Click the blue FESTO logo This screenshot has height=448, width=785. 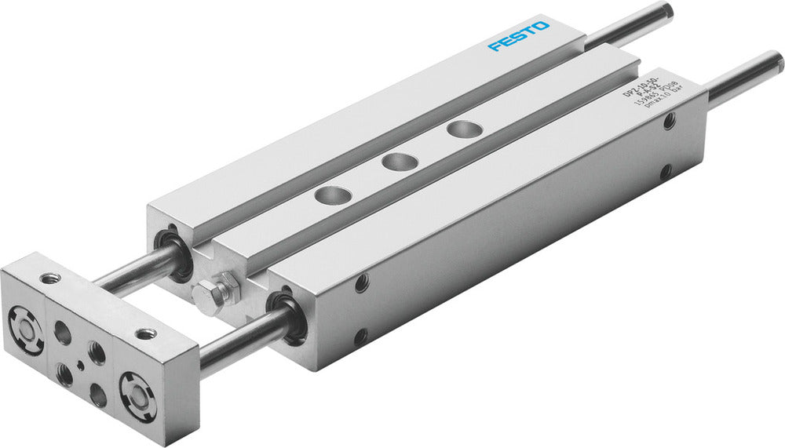tap(519, 36)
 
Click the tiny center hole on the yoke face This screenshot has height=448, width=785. tap(80, 366)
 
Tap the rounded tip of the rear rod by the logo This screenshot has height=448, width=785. tap(668, 10)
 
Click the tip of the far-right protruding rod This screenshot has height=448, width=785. tap(776, 61)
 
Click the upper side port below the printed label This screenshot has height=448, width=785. tap(670, 122)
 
